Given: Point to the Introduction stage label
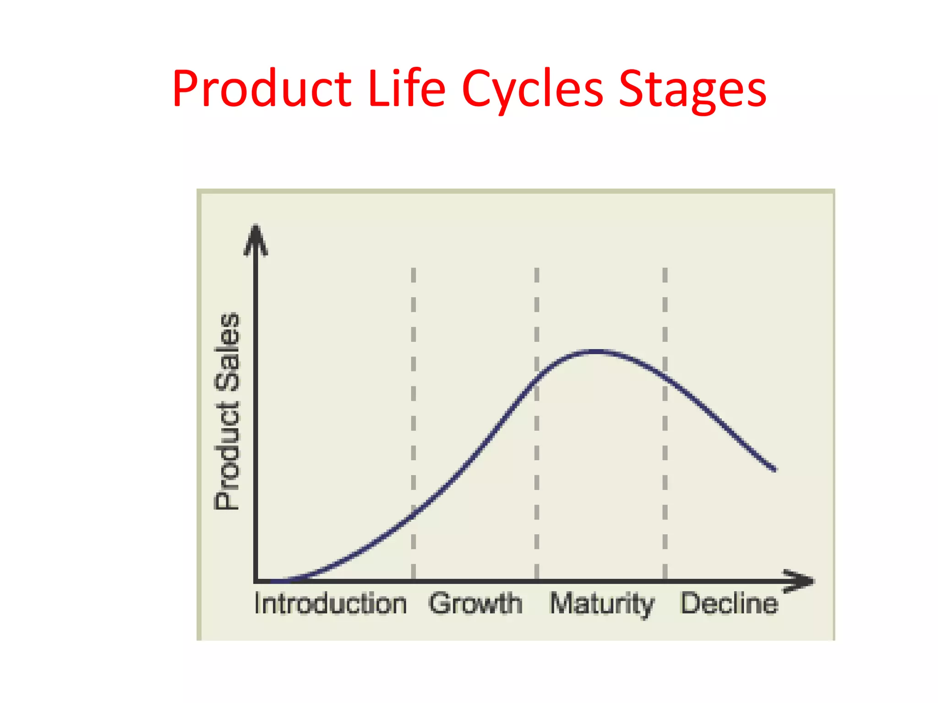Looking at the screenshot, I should click(330, 604).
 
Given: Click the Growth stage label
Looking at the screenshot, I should click(475, 604).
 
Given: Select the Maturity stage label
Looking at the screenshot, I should click(602, 604).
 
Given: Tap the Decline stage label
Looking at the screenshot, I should click(729, 604).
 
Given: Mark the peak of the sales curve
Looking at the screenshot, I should click(595, 351).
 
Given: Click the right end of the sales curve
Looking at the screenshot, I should click(774, 469).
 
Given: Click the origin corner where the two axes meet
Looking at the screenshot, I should click(256, 581).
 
